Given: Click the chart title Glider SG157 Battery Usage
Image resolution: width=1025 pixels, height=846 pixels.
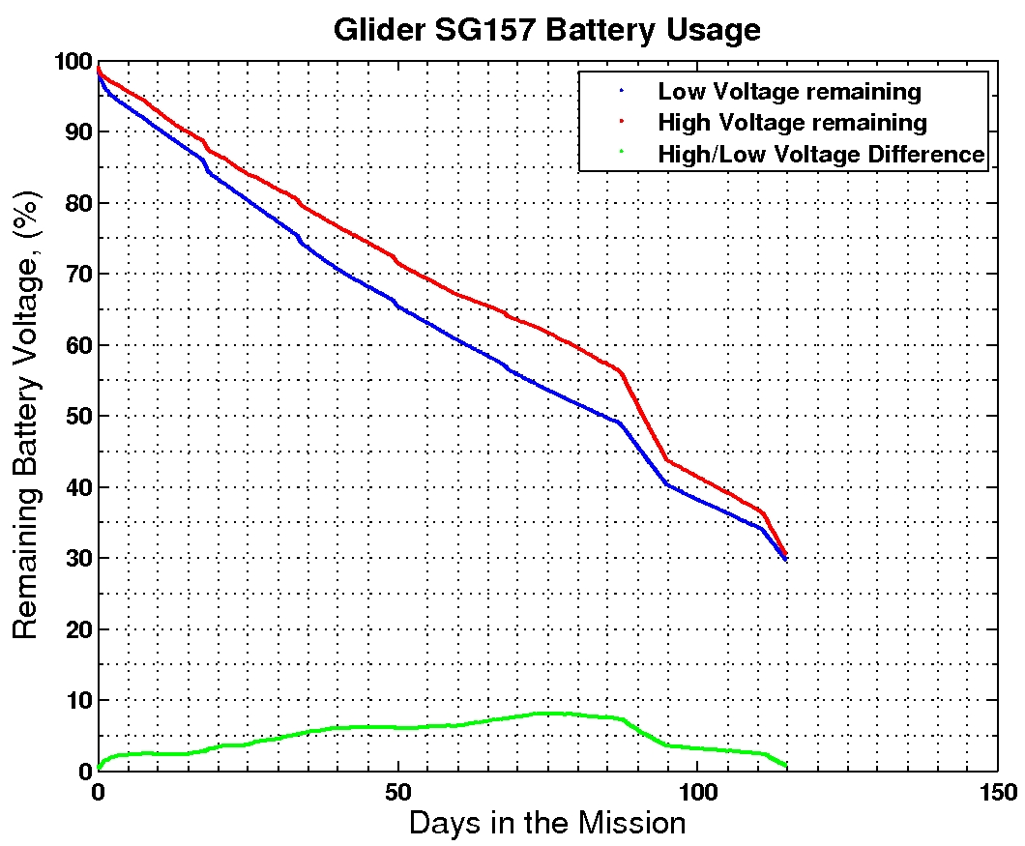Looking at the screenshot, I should pos(546,30).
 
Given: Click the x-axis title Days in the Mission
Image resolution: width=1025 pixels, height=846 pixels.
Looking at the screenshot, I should pos(546,824).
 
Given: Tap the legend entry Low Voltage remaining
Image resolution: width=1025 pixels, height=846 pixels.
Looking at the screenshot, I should pos(789,92).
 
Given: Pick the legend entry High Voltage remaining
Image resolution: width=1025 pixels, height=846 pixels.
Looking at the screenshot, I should pos(792,123).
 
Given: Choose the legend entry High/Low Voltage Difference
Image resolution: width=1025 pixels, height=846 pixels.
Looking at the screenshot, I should pos(821,154).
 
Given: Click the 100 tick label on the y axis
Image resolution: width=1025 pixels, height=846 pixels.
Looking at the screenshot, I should pos(71,62).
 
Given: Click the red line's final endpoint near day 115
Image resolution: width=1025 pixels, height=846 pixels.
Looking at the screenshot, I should pos(785,555).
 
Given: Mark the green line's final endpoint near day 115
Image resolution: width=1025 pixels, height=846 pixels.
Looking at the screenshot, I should pos(785,767).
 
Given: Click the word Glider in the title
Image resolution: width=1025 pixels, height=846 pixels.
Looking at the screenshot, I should pos(374,30).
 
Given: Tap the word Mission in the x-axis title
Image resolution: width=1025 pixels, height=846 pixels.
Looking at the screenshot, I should pos(632,824).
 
